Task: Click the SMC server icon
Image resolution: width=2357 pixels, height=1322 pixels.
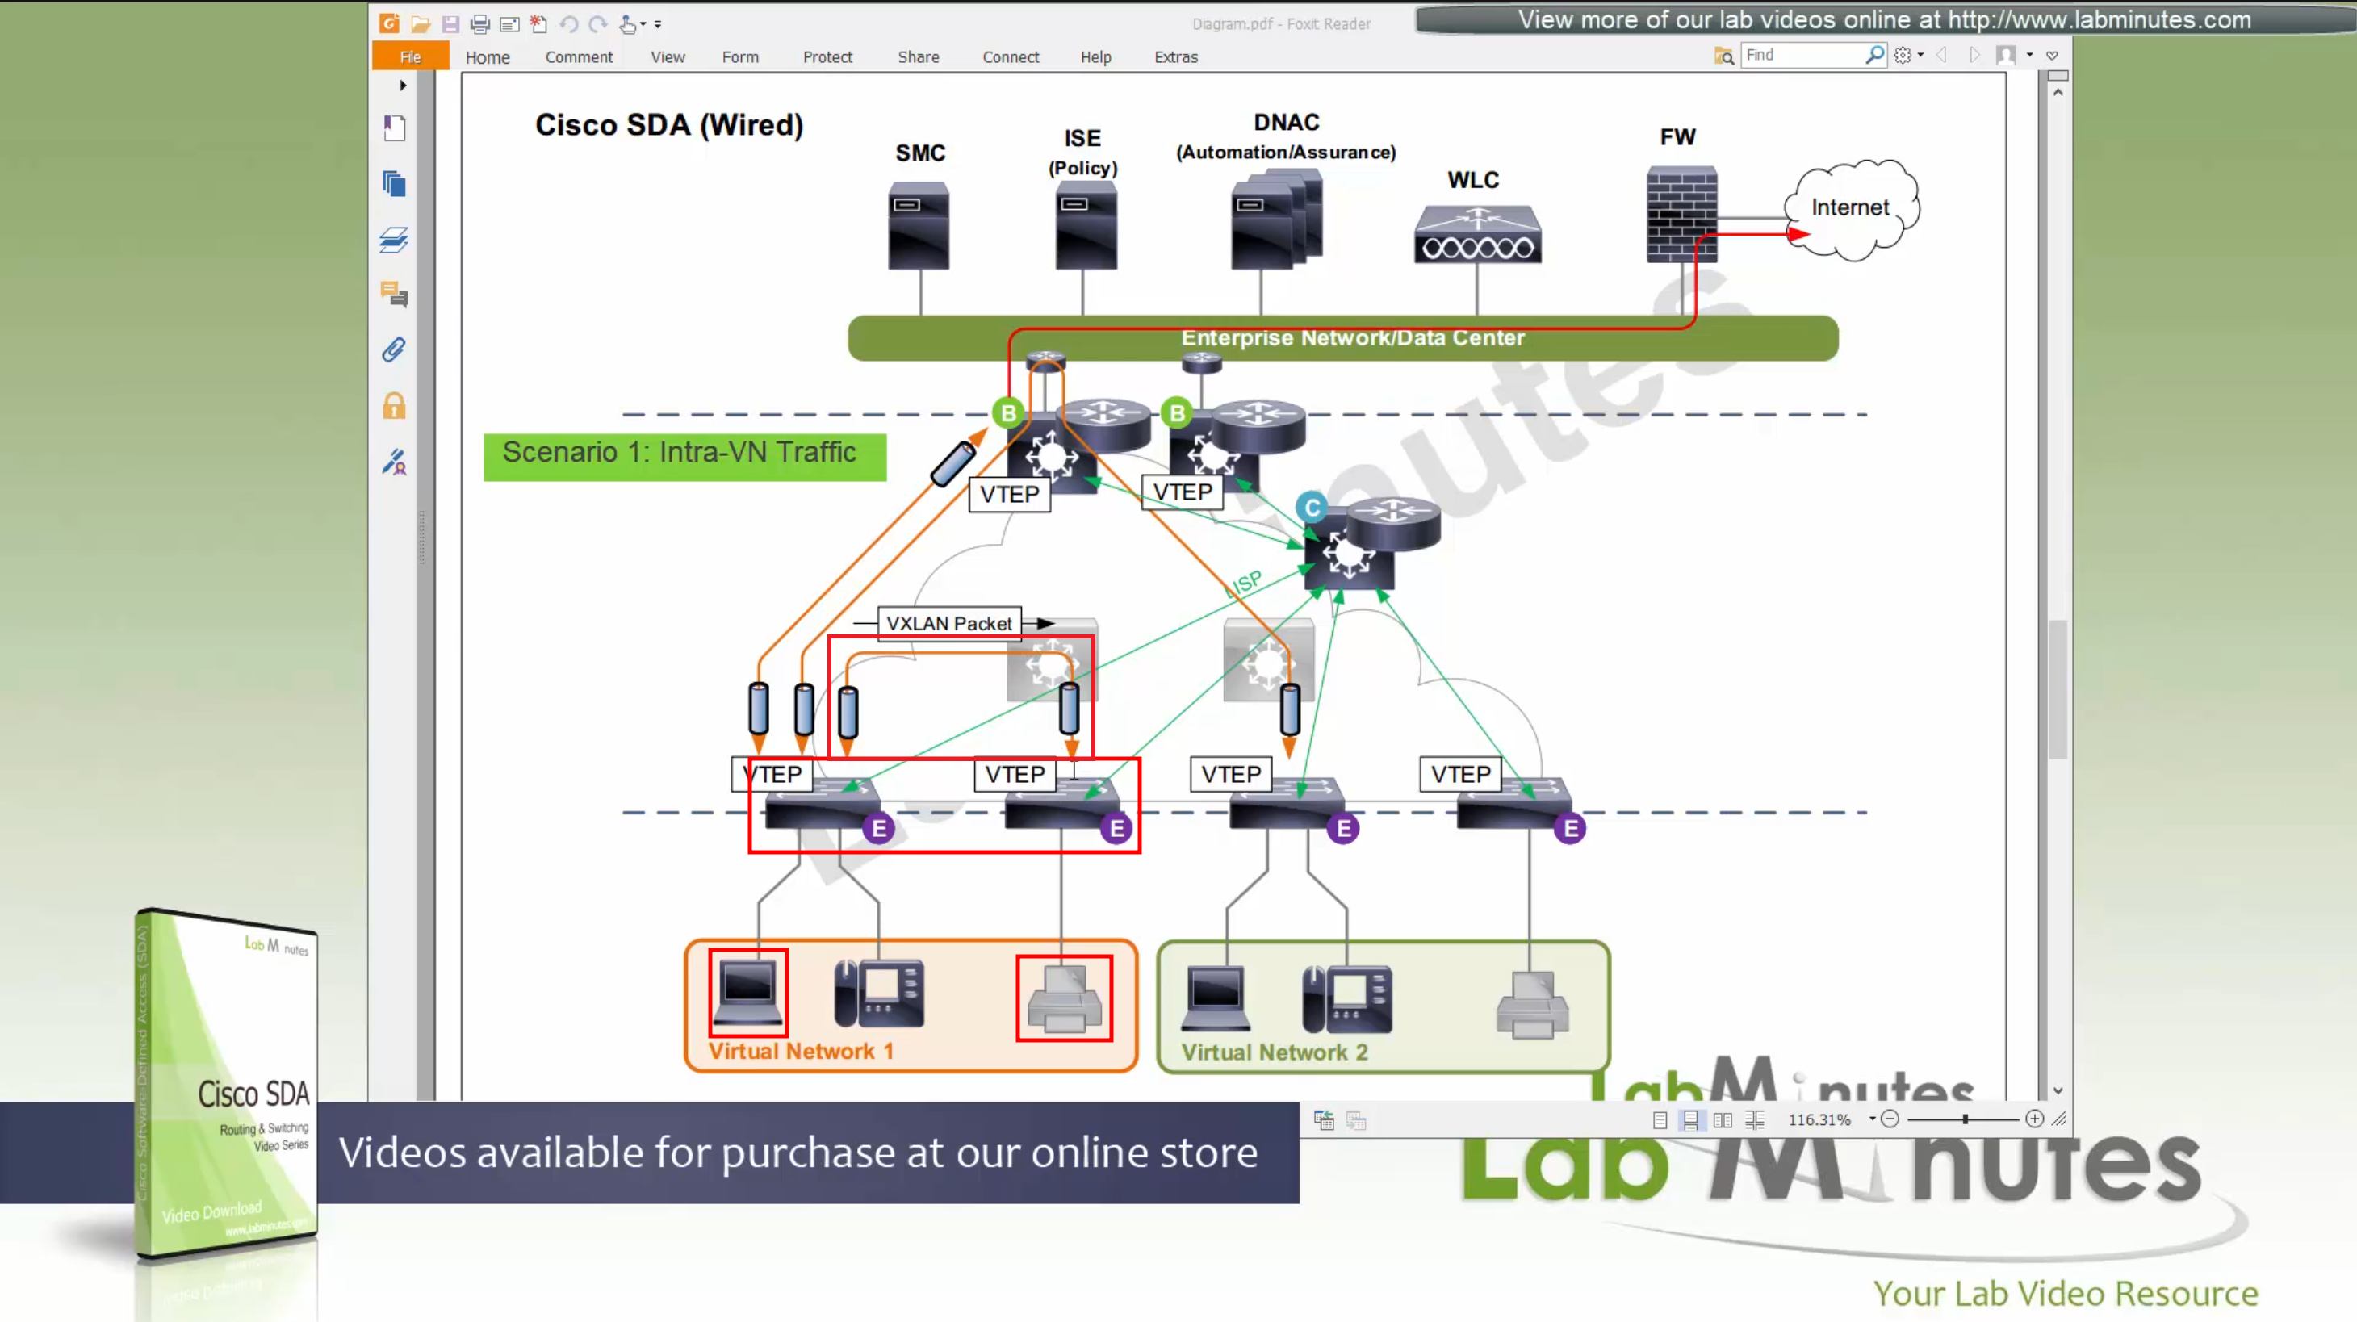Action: pyautogui.click(x=919, y=225)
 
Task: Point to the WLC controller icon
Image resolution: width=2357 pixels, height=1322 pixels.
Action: pyautogui.click(x=1477, y=234)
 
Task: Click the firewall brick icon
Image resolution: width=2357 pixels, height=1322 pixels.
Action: pyautogui.click(x=1681, y=214)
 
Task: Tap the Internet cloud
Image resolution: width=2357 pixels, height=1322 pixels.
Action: pyautogui.click(x=1851, y=208)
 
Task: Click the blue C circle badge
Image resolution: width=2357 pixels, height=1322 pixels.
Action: pyautogui.click(x=1311, y=508)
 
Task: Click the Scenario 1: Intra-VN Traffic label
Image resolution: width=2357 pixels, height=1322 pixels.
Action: pyautogui.click(x=679, y=453)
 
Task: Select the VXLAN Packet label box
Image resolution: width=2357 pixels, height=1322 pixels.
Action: pyautogui.click(x=948, y=623)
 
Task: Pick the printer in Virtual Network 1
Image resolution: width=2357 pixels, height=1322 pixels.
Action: pyautogui.click(x=1064, y=999)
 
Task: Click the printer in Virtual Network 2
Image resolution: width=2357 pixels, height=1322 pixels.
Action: pyautogui.click(x=1533, y=1004)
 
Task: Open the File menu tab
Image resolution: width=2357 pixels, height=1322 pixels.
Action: pyautogui.click(x=410, y=56)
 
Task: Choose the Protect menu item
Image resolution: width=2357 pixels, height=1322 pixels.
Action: pyautogui.click(x=827, y=56)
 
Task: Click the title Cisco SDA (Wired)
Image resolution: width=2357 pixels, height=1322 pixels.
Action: pyautogui.click(x=669, y=124)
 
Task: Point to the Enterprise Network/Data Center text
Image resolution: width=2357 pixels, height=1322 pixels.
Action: pyautogui.click(x=1352, y=337)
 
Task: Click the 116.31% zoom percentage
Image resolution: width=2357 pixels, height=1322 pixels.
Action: pyautogui.click(x=1819, y=1119)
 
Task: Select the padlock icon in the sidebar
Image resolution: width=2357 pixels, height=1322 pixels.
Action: pyautogui.click(x=395, y=406)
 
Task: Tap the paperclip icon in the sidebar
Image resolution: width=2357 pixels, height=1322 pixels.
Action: pyautogui.click(x=395, y=350)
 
